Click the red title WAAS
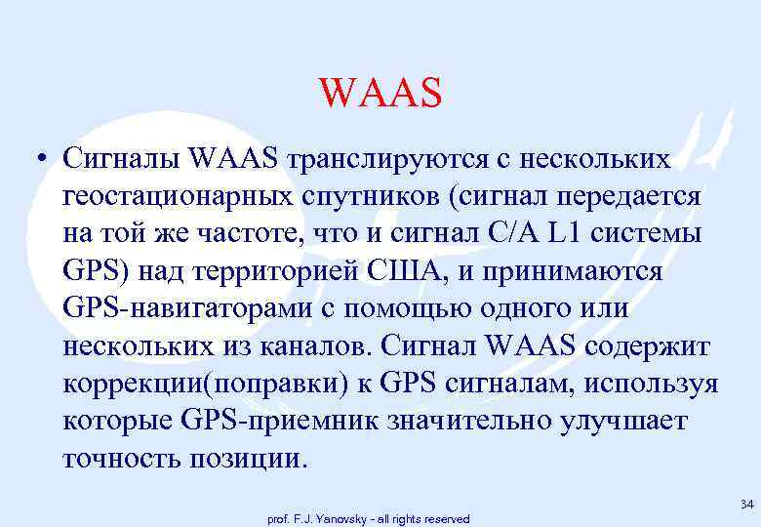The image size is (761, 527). coord(380,94)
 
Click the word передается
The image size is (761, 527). coord(624,195)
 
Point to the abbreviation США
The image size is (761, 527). coord(414,271)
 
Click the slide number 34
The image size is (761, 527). coord(746,504)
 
